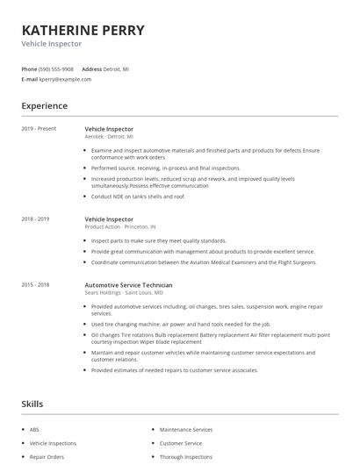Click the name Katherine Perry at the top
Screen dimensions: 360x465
83,29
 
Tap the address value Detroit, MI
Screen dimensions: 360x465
117,68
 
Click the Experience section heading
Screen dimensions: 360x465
44,106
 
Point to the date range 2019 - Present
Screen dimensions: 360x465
39,129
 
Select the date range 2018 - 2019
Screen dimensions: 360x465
35,218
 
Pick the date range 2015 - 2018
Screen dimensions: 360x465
35,285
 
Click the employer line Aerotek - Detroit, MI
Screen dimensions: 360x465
109,137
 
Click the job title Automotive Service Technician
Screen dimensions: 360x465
128,285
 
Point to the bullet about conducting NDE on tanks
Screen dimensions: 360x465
138,197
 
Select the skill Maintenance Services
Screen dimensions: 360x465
186,430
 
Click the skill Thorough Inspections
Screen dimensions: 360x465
186,457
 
